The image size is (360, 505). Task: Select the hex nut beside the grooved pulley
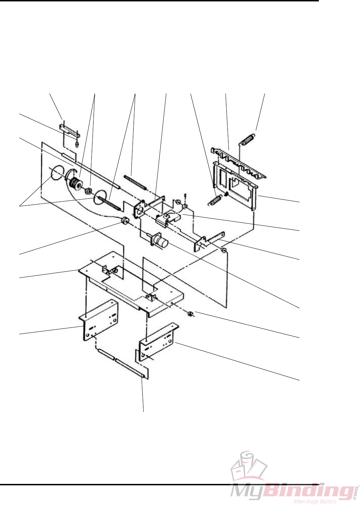pyautogui.click(x=89, y=191)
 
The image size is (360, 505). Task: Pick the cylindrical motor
pyautogui.click(x=160, y=242)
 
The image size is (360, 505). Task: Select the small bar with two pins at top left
pyautogui.click(x=70, y=133)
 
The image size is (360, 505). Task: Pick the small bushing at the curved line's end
pyautogui.click(x=124, y=221)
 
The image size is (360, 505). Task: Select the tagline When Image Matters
pyautogui.click(x=315, y=501)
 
